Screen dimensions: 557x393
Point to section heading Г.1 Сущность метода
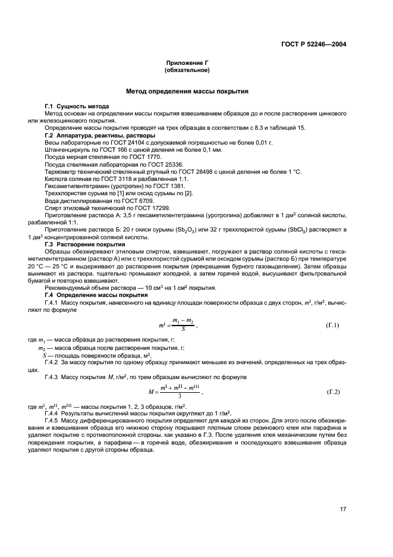78,106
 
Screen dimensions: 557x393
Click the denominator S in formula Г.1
183,328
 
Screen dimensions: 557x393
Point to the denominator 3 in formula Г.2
179,395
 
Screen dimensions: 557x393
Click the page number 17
342,508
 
